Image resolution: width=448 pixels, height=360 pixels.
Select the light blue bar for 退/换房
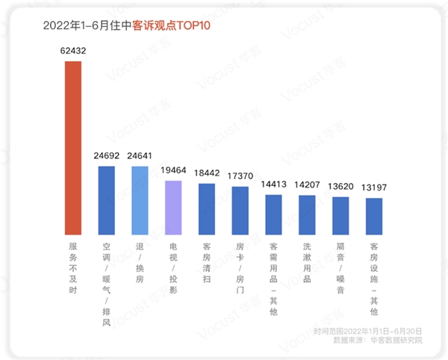(x=140, y=199)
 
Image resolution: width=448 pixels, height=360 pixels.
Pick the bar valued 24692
(x=107, y=199)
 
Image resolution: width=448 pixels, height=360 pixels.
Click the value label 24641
(x=140, y=158)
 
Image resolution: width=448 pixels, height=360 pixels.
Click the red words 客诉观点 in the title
(x=153, y=25)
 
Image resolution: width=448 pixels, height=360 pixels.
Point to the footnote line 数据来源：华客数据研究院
(x=378, y=340)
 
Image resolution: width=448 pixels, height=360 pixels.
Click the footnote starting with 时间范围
(x=369, y=330)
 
